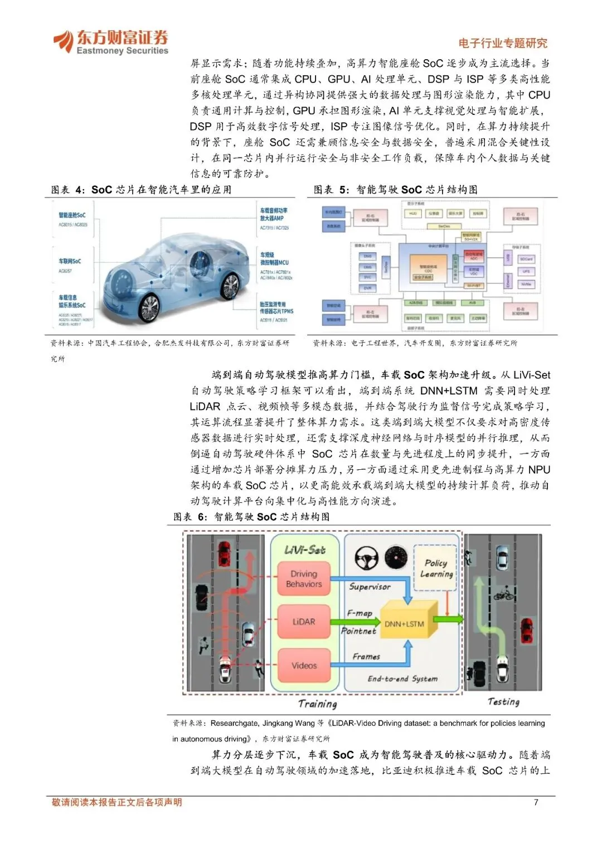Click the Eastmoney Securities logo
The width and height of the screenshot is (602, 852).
point(110,42)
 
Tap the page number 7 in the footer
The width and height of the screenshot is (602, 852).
point(536,802)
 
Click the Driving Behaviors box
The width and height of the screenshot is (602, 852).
point(304,579)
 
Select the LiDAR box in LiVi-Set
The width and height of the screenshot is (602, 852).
point(304,622)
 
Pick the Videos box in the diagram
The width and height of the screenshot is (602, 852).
point(304,666)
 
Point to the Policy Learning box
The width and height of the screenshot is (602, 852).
point(436,569)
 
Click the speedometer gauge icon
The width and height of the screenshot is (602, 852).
point(396,557)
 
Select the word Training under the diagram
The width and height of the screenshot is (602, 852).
point(318,704)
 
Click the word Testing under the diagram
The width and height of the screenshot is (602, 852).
point(503,702)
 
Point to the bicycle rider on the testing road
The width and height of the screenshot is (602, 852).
point(503,594)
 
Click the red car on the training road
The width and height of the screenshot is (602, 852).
point(224,553)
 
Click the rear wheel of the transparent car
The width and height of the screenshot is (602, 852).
point(230,286)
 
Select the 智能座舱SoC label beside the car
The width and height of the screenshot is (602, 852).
point(72,215)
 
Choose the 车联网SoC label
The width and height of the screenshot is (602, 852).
point(70,261)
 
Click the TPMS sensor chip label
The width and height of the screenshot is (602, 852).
point(276,308)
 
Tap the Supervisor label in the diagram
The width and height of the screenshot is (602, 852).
point(370,586)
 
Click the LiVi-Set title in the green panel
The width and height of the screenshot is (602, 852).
point(304,550)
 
